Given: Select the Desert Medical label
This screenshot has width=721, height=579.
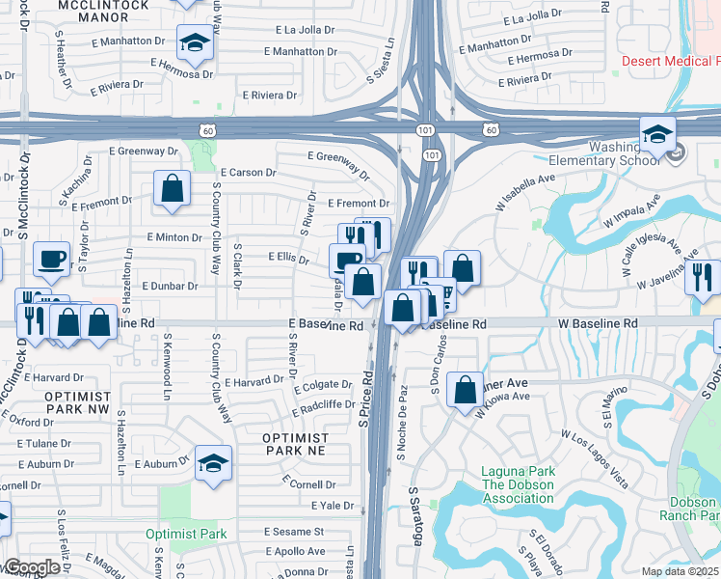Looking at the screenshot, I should point(671,61).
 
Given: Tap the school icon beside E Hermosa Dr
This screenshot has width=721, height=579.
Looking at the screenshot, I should point(195,43).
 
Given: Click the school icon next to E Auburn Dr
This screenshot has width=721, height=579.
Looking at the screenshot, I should point(213,462).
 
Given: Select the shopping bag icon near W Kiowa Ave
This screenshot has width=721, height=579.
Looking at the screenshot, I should point(465,390).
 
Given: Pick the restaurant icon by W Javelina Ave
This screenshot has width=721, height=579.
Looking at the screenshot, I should point(702,277).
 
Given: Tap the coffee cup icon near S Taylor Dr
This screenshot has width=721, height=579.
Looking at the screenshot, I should point(51,259).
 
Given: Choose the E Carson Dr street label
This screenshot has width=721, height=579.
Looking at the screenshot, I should point(248,172).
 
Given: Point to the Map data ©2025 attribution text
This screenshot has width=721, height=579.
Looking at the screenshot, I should point(681,571).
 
